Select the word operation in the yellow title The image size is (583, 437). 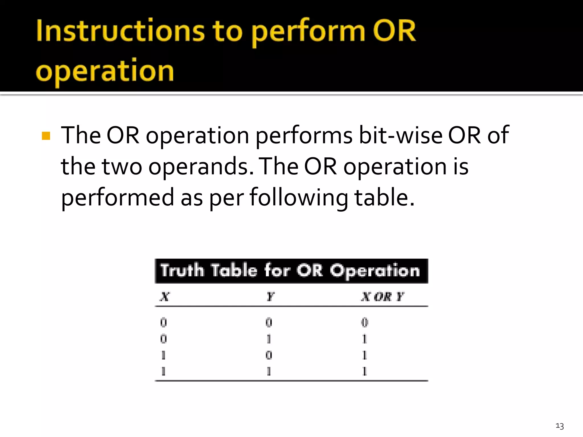(105, 71)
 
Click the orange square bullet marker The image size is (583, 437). (46, 136)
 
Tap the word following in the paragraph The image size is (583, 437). (299, 198)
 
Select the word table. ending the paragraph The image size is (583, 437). (384, 197)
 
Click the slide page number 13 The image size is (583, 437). (560, 426)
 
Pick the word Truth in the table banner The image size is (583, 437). (182, 270)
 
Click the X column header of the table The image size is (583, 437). (165, 297)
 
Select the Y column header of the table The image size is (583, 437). (270, 297)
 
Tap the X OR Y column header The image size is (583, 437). (382, 297)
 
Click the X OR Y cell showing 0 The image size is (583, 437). (365, 322)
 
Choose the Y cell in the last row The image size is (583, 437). (269, 371)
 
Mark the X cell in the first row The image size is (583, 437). (163, 322)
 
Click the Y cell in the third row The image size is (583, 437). (269, 355)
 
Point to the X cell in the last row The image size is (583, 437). (163, 371)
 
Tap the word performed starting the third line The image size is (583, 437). (118, 198)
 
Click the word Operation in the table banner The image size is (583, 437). (375, 271)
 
